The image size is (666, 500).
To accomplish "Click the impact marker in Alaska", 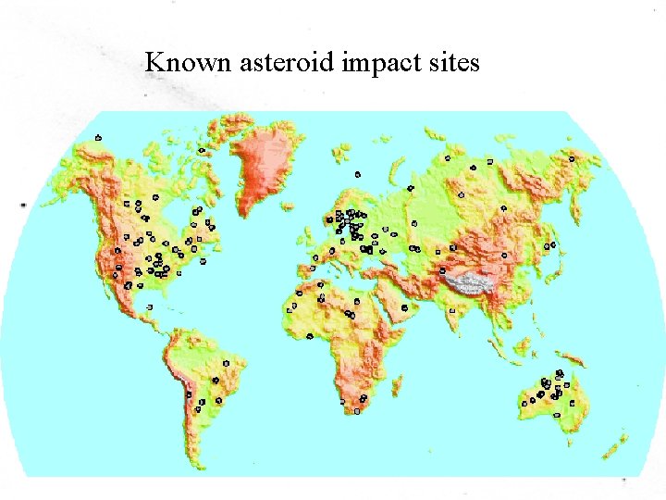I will click(98, 138).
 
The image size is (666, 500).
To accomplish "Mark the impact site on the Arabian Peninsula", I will click(405, 307).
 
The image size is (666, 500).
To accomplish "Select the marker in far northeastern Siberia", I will click(572, 158).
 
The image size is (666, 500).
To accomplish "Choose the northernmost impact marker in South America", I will click(227, 360).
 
